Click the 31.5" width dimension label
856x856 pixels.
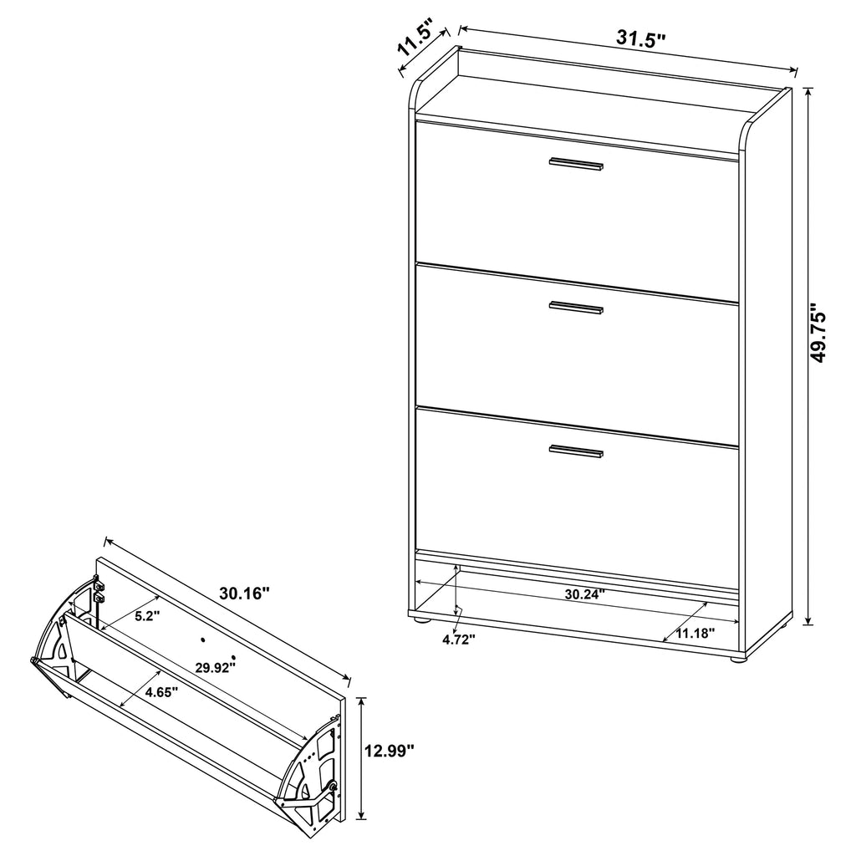point(641,38)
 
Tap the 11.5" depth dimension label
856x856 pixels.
point(415,38)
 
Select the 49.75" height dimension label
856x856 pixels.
point(819,334)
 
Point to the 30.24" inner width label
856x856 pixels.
point(584,594)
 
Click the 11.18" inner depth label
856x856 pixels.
point(695,634)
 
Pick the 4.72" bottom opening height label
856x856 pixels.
point(459,639)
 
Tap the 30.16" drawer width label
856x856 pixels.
point(245,593)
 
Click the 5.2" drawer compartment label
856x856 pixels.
point(147,616)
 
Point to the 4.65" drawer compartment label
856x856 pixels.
point(161,692)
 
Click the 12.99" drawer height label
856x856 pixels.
point(390,751)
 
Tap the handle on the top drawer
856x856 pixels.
point(576,165)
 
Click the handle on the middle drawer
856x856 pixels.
point(576,308)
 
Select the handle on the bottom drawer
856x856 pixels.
point(576,451)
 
